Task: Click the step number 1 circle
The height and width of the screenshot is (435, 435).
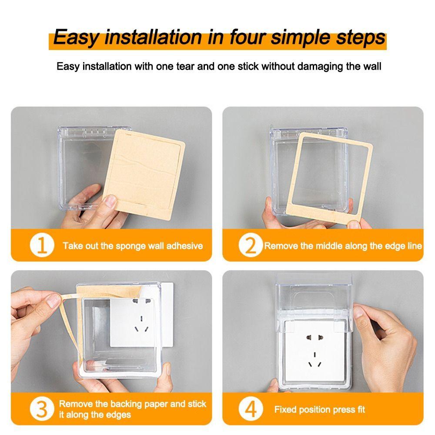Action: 42,246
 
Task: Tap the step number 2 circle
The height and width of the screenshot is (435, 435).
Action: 251,246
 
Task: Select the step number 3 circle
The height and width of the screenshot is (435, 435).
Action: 42,409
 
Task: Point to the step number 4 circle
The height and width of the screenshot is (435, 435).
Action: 251,409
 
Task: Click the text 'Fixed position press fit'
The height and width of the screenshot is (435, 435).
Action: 319,409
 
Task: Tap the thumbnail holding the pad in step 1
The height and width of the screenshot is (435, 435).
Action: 111,201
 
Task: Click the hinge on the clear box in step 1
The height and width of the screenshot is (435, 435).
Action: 94,130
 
